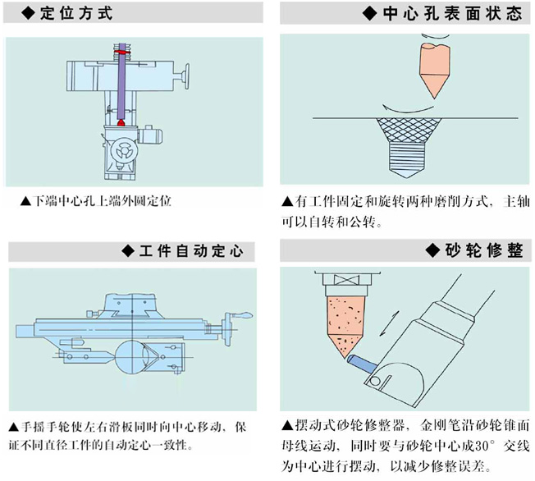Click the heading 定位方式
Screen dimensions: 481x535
(x=75, y=14)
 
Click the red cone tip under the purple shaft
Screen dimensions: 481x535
(x=121, y=122)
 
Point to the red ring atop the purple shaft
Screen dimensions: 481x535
(x=122, y=52)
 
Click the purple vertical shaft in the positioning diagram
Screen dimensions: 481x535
(x=122, y=86)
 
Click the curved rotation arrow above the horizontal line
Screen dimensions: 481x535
(x=407, y=107)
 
